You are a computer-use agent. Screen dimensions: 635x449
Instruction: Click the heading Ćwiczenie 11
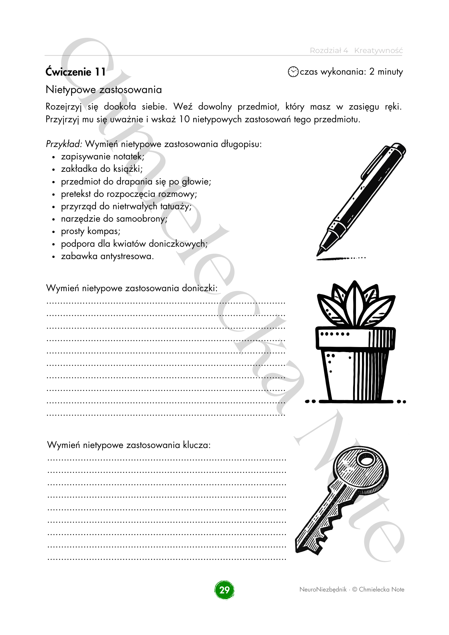[76, 72]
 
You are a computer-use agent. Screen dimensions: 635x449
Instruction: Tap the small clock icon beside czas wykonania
[293, 72]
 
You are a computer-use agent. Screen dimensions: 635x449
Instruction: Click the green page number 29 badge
[224, 590]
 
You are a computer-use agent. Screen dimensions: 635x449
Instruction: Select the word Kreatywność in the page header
[378, 50]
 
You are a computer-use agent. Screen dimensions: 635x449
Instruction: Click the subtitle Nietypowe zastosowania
[104, 90]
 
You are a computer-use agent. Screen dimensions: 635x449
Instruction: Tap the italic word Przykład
[64, 144]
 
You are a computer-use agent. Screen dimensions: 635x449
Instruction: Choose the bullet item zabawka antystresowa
[107, 256]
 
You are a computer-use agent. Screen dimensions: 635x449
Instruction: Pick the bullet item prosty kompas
[90, 231]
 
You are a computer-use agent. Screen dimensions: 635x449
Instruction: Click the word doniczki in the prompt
[199, 288]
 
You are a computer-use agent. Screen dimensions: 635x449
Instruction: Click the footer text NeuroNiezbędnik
[323, 590]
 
